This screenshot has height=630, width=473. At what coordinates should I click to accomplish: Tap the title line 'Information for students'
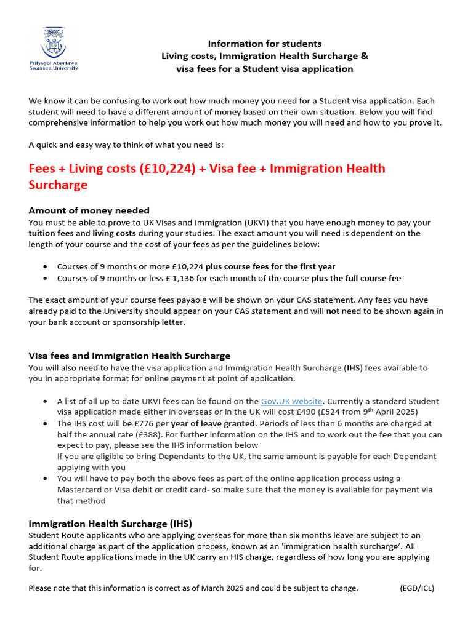[264, 44]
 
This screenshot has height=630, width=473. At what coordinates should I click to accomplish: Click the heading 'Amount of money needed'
[89, 210]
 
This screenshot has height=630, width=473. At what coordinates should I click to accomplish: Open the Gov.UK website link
[292, 401]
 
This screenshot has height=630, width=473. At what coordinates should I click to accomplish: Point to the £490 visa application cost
[278, 412]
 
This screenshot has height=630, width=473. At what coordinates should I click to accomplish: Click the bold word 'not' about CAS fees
[333, 311]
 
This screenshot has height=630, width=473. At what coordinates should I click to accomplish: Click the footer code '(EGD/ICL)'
[417, 588]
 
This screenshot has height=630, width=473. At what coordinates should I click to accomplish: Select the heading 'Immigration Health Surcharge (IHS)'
[110, 524]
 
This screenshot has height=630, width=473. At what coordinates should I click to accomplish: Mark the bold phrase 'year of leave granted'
[212, 423]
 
